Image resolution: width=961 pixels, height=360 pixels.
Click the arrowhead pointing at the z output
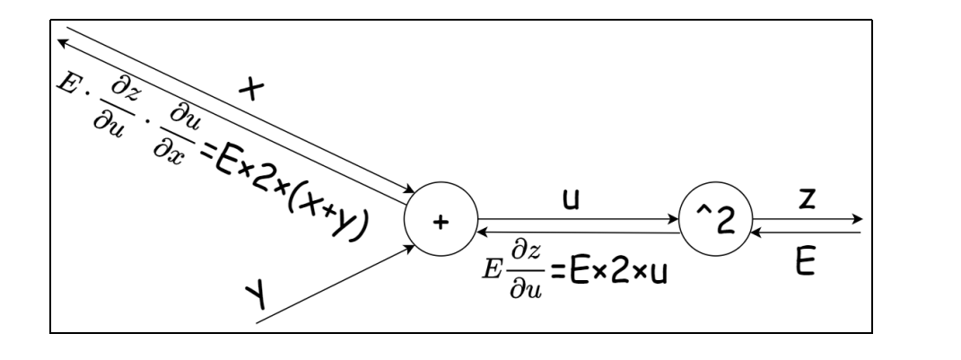[x=859, y=218]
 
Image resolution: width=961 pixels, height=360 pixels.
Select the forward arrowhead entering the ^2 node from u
[x=672, y=217]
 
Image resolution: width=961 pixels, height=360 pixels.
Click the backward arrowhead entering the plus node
[x=483, y=232]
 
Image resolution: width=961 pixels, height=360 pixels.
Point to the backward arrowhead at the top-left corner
[x=62, y=40]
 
